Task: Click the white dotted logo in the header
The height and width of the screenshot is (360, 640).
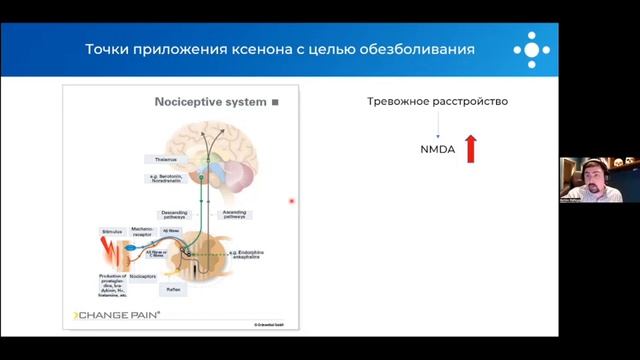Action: (x=531, y=49)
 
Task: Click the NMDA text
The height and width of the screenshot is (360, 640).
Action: (x=438, y=151)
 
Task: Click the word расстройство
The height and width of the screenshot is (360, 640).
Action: (x=472, y=102)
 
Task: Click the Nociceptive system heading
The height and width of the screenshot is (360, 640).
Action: (x=210, y=102)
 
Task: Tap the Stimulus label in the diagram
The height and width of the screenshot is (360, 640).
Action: (x=111, y=231)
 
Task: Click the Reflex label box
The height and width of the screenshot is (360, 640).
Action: (x=173, y=288)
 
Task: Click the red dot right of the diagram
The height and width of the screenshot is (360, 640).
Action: (x=292, y=201)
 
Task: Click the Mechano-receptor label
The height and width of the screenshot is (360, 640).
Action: (x=142, y=231)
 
